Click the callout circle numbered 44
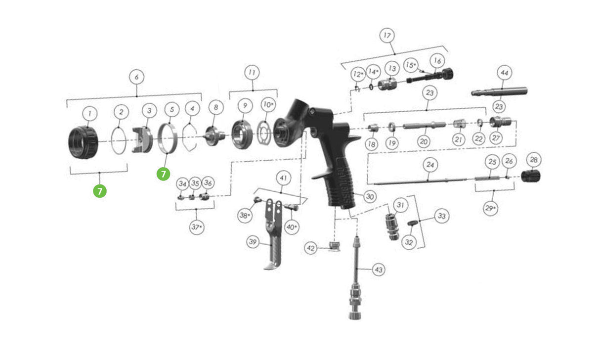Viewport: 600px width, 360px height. click(x=504, y=73)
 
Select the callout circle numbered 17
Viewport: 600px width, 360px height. click(x=387, y=35)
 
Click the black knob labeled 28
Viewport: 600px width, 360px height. click(x=531, y=176)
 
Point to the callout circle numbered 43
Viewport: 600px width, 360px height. click(x=379, y=270)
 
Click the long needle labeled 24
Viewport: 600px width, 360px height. click(x=420, y=181)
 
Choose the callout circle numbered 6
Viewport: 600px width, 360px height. click(x=136, y=77)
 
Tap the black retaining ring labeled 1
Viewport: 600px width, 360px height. click(x=83, y=142)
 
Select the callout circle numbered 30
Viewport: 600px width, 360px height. click(x=370, y=196)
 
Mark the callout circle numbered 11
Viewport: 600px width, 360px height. click(x=252, y=72)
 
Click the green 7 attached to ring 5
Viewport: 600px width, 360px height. click(x=163, y=174)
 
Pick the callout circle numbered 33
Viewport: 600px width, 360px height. click(x=441, y=216)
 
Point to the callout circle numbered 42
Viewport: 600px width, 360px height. click(x=310, y=248)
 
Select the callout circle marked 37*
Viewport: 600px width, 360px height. click(x=197, y=227)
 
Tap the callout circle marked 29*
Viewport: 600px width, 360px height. click(x=490, y=208)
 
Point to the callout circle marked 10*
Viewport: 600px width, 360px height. click(x=267, y=105)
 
